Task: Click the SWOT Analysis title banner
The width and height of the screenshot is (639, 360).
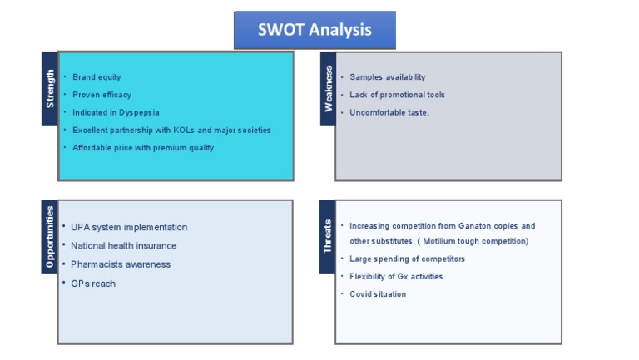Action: point(315,30)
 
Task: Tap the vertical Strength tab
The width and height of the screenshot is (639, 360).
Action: point(50,88)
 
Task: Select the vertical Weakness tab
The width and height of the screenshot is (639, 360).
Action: point(328,88)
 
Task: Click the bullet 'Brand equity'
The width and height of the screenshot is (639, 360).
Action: point(97,76)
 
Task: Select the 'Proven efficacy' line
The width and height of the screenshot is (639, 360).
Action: point(102,95)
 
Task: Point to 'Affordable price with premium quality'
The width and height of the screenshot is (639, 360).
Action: point(143,148)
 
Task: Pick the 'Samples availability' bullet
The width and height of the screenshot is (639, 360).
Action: point(387,76)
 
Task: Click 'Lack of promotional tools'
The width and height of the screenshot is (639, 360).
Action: point(397,95)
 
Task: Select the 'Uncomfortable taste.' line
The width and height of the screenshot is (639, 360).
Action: point(389,112)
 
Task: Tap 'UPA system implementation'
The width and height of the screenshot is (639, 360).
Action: point(129,227)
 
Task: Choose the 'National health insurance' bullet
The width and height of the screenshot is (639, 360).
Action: point(123,246)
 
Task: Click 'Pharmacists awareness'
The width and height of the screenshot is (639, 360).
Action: point(121,264)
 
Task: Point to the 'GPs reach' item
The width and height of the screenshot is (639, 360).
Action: point(93,284)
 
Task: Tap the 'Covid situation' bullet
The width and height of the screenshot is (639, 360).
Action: point(378,293)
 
